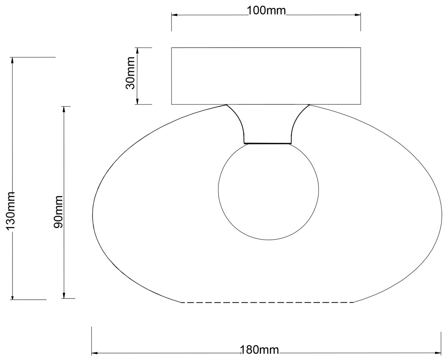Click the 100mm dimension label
click(x=266, y=11)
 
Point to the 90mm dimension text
click(x=58, y=212)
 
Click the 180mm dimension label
click(x=260, y=350)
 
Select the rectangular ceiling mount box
click(x=266, y=76)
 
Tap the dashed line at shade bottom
click(x=267, y=303)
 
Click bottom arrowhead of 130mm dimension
click(x=12, y=297)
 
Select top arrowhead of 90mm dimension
click(x=63, y=109)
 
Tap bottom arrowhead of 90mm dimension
click(x=63, y=296)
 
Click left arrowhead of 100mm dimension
click(x=174, y=15)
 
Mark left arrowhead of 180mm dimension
click(x=94, y=353)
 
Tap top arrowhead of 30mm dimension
click(x=137, y=50)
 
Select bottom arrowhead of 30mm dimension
click(x=137, y=102)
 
